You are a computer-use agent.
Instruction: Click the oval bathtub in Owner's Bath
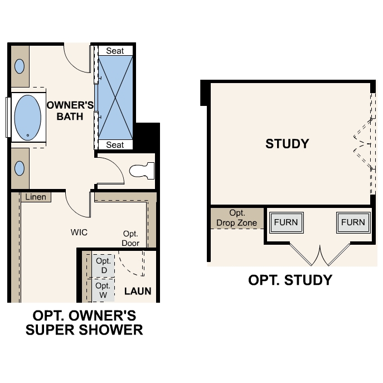(x=28, y=117)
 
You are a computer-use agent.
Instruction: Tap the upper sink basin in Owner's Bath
(x=20, y=66)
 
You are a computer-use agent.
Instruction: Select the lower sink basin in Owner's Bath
(x=20, y=168)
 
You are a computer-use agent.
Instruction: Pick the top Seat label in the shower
(x=115, y=51)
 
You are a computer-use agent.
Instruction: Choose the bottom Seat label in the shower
(x=115, y=145)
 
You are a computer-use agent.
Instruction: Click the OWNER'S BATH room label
(x=65, y=111)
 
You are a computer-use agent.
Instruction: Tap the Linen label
(x=36, y=197)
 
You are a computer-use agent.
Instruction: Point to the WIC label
(x=79, y=231)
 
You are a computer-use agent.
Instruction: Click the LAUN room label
(x=137, y=291)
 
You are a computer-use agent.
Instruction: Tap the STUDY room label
(x=287, y=144)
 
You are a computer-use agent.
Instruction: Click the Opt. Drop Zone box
(x=236, y=219)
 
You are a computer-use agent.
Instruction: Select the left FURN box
(x=285, y=222)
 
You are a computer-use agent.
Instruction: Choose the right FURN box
(x=353, y=222)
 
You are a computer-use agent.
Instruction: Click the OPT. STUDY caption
(x=290, y=280)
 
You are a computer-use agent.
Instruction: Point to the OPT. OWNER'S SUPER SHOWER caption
(x=84, y=323)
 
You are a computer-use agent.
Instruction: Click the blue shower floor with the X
(x=115, y=98)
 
